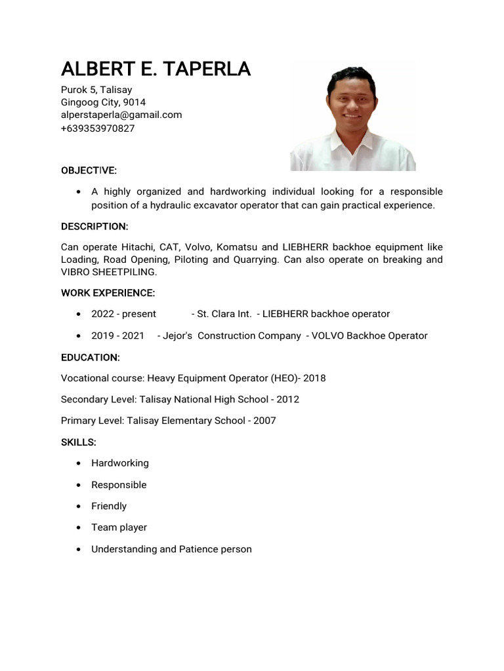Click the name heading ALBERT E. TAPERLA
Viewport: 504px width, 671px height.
156,69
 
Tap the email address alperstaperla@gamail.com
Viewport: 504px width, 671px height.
121,115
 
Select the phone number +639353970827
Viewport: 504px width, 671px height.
98,128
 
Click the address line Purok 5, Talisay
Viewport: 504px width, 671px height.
96,90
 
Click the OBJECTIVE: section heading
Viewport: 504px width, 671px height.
89,170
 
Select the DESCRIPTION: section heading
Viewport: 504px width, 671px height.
94,226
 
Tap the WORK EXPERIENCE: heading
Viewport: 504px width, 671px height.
108,292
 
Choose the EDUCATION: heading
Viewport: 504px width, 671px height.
90,357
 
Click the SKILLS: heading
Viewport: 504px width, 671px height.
79,442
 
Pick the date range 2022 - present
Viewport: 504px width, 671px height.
123,314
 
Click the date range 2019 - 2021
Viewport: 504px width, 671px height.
117,335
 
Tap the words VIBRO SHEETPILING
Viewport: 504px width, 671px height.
109,271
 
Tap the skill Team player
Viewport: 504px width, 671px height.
119,527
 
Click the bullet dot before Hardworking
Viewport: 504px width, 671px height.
79,463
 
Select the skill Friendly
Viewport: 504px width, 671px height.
109,506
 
